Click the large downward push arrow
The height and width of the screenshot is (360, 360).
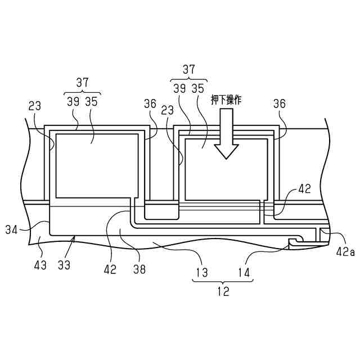226,134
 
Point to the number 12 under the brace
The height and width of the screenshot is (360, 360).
223,291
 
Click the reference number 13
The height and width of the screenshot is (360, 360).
201,273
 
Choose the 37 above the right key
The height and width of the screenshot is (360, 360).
190,70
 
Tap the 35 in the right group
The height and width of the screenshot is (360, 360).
197,89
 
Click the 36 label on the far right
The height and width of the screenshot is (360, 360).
279,103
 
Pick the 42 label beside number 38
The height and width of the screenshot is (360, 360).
110,269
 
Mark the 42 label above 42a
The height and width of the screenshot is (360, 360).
304,190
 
